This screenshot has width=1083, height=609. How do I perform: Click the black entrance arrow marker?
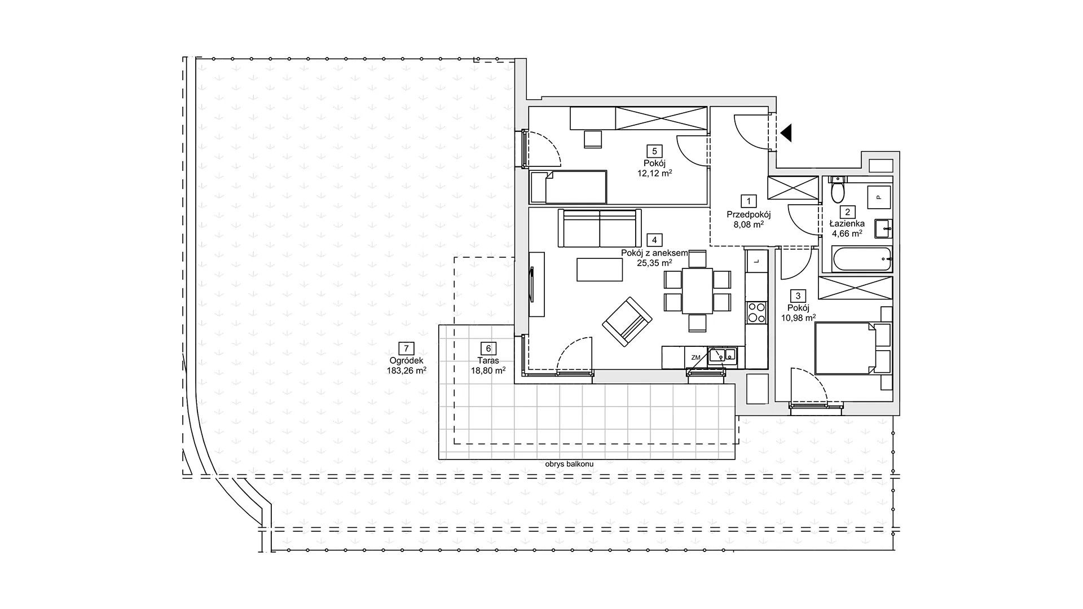(787, 133)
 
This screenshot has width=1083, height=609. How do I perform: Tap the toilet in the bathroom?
(838, 190)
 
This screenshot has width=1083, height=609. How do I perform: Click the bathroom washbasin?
(883, 228)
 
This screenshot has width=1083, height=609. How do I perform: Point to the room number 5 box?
(655, 151)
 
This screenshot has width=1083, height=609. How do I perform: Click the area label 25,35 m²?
(655, 263)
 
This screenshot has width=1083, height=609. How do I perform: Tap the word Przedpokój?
(749, 214)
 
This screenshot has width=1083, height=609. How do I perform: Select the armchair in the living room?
(627, 322)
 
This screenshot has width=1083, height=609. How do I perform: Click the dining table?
(698, 290)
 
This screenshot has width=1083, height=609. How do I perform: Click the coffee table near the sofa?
(600, 270)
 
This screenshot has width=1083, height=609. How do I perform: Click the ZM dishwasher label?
(695, 357)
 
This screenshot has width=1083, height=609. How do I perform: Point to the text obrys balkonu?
(570, 464)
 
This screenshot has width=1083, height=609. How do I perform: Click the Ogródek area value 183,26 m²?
(406, 370)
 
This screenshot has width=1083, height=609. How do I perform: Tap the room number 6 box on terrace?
(488, 349)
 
